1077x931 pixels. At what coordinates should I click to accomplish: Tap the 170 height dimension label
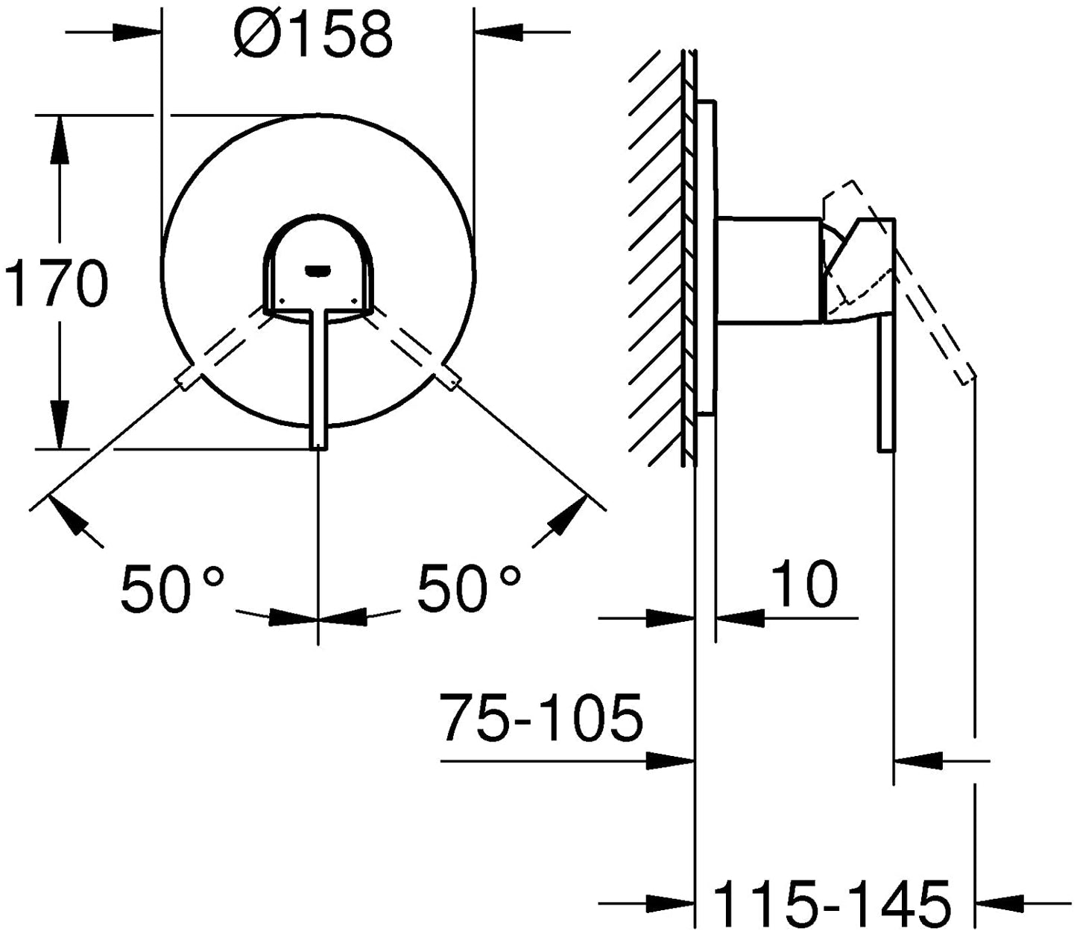pos(57,284)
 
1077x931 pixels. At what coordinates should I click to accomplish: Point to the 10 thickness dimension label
pos(803,584)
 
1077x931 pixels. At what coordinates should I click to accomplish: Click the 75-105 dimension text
pos(541,717)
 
